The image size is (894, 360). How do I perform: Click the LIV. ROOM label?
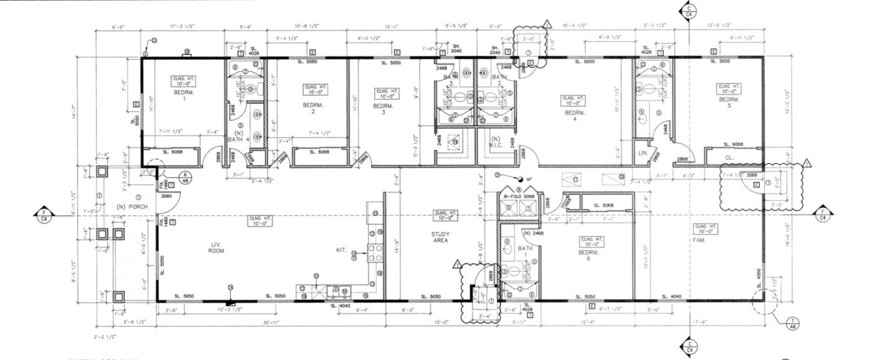(216, 248)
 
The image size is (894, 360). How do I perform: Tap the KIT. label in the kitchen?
(341, 250)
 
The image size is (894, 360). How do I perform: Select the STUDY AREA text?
(440, 237)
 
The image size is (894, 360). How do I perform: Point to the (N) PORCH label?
(130, 206)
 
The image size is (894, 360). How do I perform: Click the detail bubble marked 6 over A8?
(186, 176)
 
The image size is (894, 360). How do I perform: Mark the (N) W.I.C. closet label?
(495, 142)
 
